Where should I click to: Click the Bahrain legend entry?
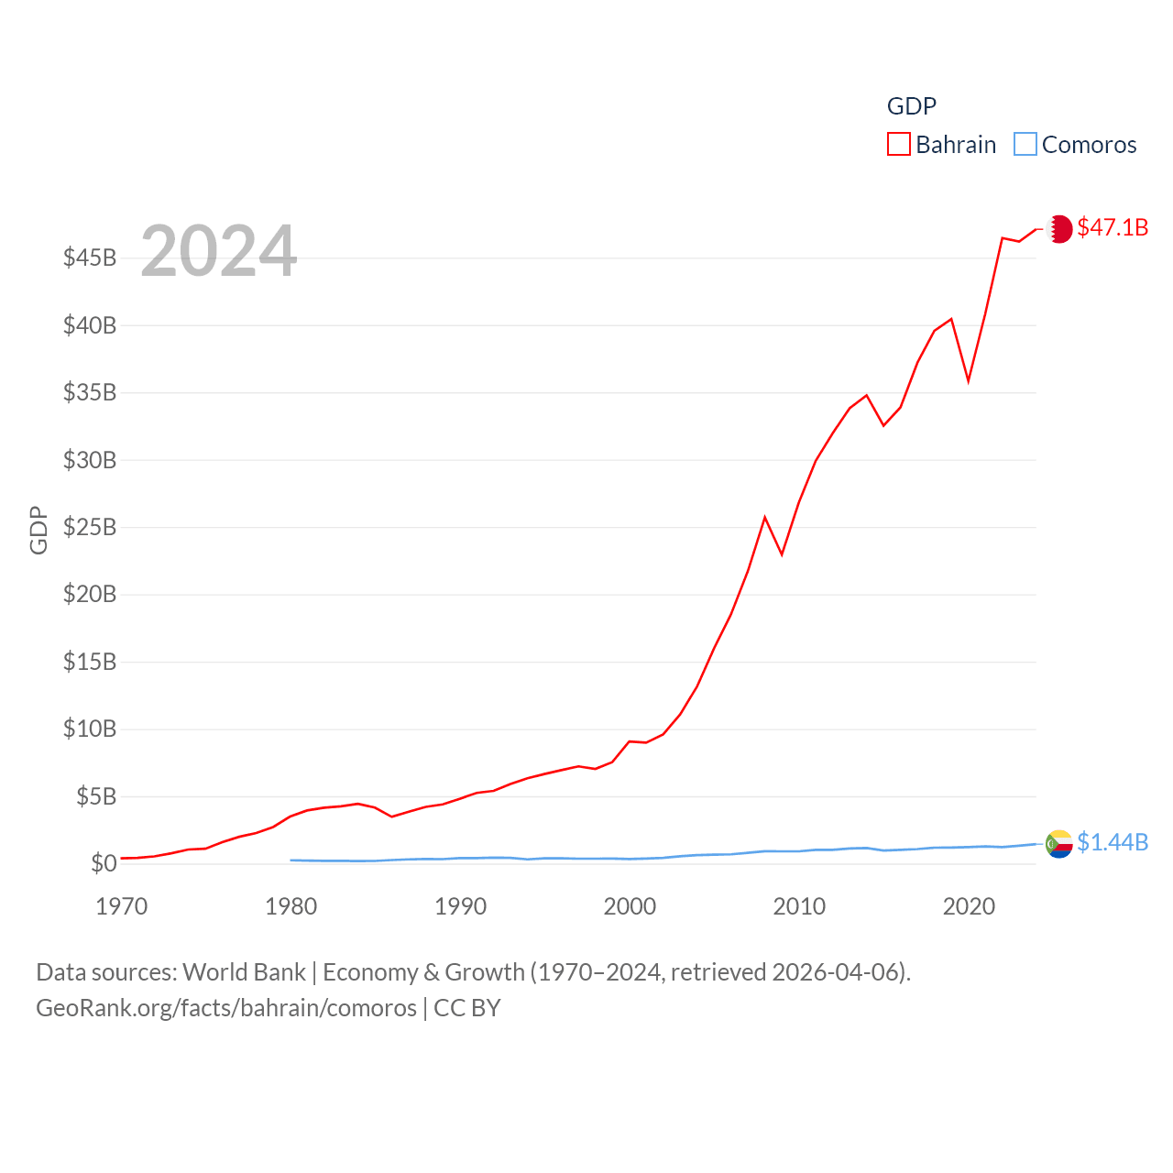[x=942, y=145]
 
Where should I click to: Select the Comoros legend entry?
[x=1076, y=145]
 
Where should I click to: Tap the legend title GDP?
[x=911, y=106]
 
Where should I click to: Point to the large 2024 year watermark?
[x=218, y=250]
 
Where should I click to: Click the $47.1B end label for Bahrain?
[x=1113, y=227]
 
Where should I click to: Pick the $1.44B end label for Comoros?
[x=1113, y=842]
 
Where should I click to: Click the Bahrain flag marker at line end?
[x=1059, y=228]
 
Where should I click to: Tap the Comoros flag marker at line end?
[x=1059, y=843]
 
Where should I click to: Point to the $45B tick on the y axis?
[x=90, y=258]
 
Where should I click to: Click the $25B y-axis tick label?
[x=90, y=527]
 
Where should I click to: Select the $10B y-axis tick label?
[x=90, y=729]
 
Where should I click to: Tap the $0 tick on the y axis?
[x=104, y=863]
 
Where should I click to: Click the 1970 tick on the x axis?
[x=122, y=906]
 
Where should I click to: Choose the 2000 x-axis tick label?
[x=630, y=906]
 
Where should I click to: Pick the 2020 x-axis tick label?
[x=969, y=906]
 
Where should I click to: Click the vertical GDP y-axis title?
[x=38, y=530]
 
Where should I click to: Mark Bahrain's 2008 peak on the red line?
[x=765, y=518]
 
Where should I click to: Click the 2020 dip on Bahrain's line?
[x=969, y=380]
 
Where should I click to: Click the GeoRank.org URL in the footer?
[x=226, y=1008]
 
